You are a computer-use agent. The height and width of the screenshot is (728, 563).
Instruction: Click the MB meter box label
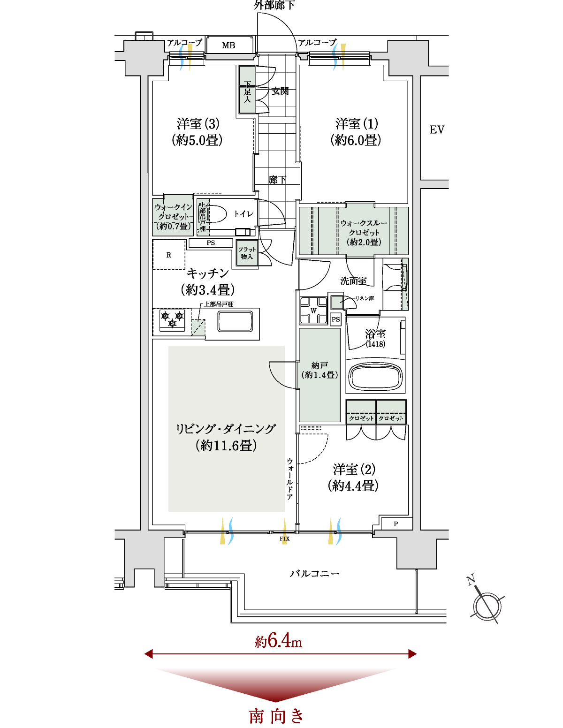point(228,45)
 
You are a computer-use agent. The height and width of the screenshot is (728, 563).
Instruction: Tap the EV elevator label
point(437,129)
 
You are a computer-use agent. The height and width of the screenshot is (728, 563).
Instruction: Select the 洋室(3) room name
point(198,124)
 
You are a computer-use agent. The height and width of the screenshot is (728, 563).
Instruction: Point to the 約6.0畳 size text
point(356,140)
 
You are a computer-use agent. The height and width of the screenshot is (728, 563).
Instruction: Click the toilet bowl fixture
point(215,214)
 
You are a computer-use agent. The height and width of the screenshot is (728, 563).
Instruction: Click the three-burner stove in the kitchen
point(172,319)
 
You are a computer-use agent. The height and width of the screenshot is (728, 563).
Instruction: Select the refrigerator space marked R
point(169,255)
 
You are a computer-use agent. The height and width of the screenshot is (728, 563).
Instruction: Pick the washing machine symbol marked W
point(313,310)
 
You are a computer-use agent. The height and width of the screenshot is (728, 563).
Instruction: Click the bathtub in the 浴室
point(375,376)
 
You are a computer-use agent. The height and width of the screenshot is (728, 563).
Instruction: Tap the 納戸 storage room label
point(319,365)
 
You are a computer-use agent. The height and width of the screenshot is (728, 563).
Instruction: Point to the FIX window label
point(284,538)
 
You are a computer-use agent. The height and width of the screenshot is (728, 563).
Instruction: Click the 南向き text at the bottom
point(276,716)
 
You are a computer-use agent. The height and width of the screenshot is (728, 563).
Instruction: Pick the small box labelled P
point(396,524)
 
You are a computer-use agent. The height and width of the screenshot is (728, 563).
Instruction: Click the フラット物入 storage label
point(247,253)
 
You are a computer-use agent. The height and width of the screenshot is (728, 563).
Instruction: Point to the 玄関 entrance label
point(280,91)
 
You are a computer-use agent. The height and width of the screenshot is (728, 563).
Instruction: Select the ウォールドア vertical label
point(289,479)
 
